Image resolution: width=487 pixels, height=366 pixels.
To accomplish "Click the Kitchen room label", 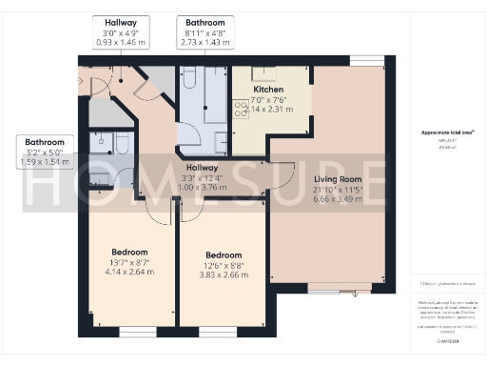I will click(x=268, y=90).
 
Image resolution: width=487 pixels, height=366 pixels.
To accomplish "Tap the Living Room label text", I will click(x=340, y=178).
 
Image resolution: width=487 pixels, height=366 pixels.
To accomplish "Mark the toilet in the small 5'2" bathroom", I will click(x=121, y=143).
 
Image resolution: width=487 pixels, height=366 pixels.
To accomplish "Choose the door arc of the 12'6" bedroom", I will click(x=194, y=210).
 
